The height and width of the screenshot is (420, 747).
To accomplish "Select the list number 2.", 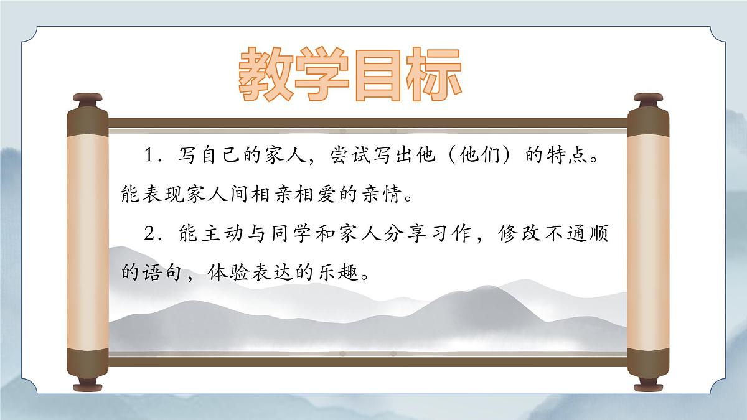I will [149, 235].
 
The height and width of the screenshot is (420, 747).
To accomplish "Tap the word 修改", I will [519, 235].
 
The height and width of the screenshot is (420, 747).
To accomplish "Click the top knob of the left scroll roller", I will [87, 99].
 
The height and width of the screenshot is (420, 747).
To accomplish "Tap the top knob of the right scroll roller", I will [649, 99].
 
